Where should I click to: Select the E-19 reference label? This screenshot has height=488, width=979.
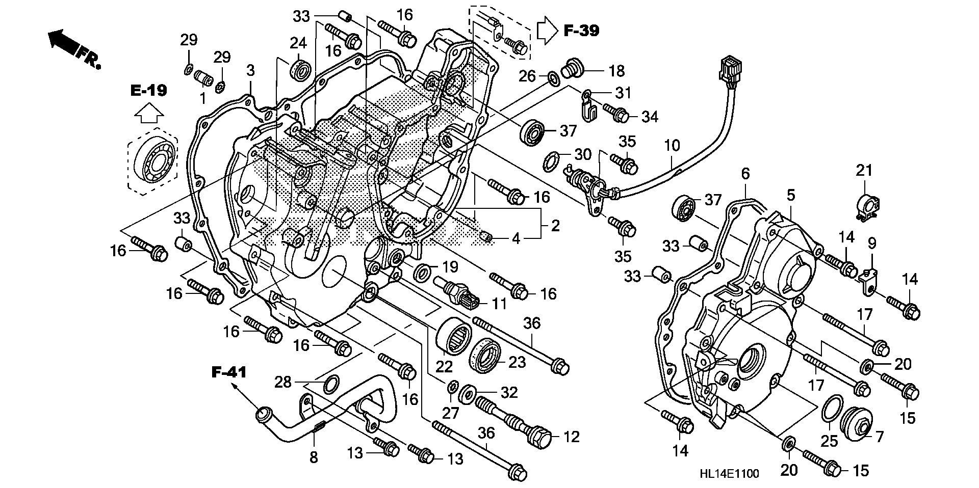coord(148,91)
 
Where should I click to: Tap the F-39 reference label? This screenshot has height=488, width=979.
coord(581,31)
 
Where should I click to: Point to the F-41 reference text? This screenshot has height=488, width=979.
coord(229,372)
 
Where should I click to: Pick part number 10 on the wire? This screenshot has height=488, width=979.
coord(672,146)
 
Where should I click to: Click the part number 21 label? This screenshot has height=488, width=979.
coord(864,171)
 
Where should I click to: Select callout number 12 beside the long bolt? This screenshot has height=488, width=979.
coord(572,437)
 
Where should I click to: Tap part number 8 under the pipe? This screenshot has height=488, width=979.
coord(314,457)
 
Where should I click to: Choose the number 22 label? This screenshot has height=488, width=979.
coord(444,366)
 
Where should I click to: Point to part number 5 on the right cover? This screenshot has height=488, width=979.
coord(791,195)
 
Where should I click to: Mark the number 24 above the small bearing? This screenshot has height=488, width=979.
coord(298,42)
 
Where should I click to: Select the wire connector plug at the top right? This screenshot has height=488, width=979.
coord(729,70)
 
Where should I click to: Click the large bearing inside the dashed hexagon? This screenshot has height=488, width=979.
coord(153,158)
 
